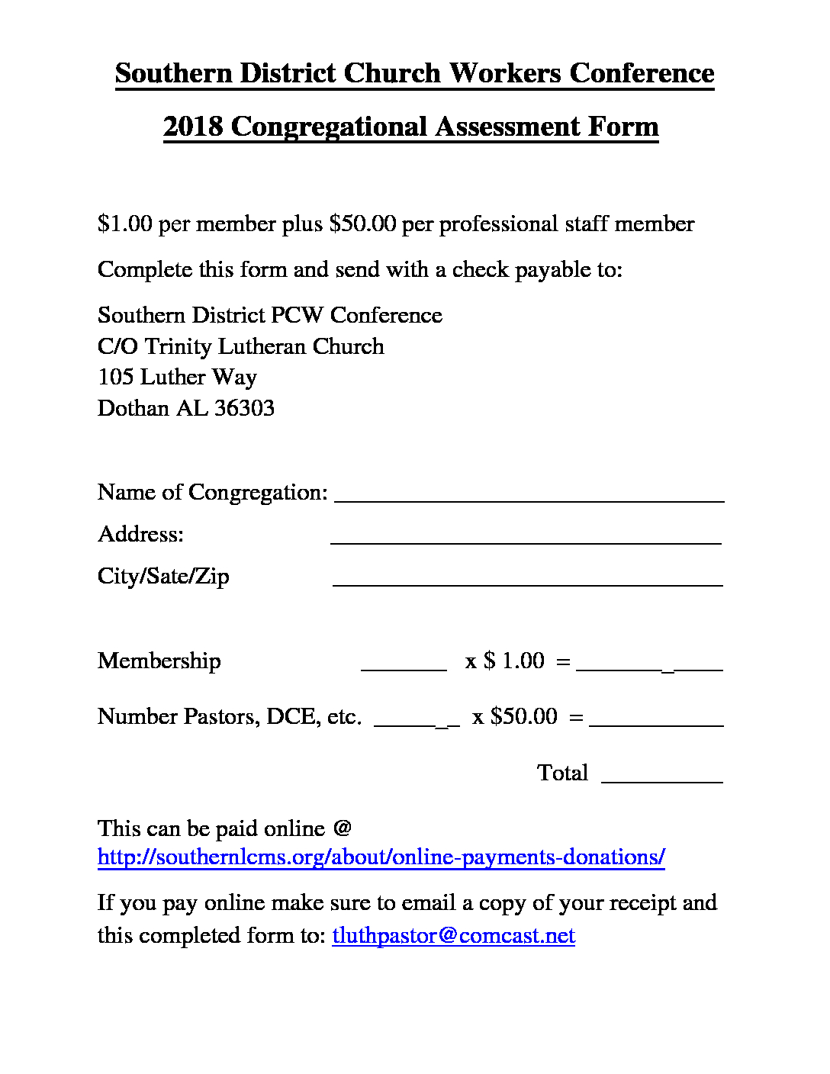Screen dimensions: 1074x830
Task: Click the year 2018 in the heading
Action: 192,127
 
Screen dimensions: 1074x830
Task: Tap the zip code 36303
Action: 244,408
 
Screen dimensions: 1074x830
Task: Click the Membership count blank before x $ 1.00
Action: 404,664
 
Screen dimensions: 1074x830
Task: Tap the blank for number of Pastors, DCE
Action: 417,721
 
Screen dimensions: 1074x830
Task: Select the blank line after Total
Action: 662,777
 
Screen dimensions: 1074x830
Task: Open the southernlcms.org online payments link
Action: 381,857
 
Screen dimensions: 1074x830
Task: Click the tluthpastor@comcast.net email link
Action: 453,936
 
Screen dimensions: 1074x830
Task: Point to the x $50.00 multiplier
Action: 515,716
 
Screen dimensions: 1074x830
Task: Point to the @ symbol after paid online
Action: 342,828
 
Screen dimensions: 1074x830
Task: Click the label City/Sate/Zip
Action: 163,576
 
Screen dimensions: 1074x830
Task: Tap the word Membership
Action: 159,661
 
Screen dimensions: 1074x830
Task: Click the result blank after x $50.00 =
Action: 656,721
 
